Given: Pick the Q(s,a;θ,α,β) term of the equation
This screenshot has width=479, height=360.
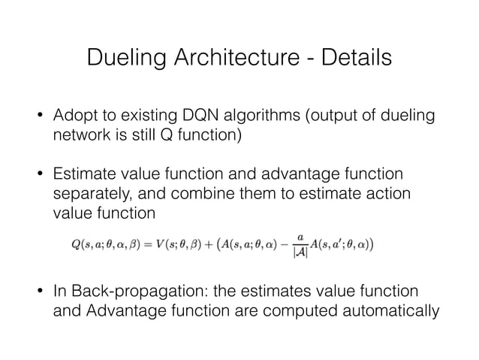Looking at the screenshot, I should click(117, 244).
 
